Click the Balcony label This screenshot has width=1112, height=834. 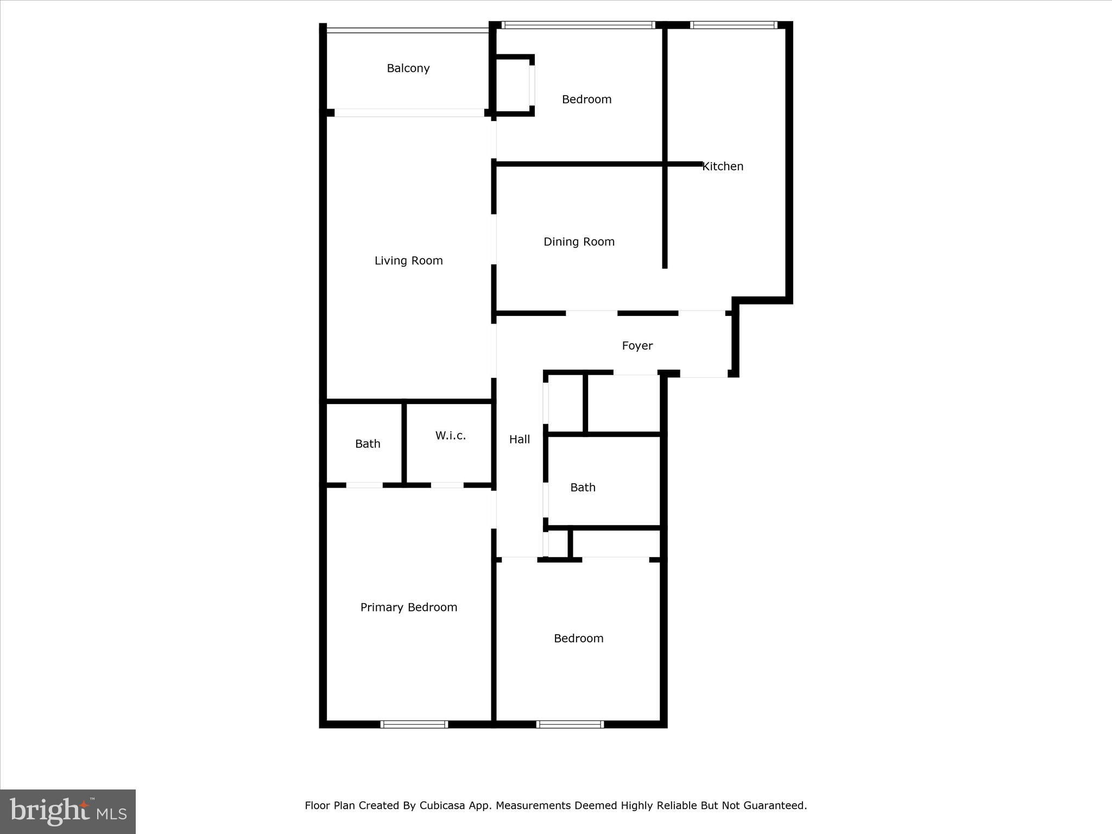pos(408,68)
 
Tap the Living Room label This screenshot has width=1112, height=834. pos(409,261)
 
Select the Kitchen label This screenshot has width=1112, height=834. pos(723,167)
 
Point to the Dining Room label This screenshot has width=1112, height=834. pos(579,242)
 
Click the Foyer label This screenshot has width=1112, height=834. pos(637,346)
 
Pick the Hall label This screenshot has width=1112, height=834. pos(520,439)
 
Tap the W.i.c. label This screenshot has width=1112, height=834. pos(451,435)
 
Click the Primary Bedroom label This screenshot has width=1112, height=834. pos(409,608)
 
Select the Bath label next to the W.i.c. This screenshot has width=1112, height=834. pos(368,444)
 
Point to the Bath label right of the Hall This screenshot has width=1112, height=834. pos(583,488)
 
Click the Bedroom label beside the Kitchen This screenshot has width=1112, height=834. pos(586,99)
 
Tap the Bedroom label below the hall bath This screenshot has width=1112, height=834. pos(579,639)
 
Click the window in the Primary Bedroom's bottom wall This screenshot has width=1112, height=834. pos(414,724)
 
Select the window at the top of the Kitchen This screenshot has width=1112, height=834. pos(734,25)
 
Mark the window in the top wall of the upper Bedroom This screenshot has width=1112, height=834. pos(578,25)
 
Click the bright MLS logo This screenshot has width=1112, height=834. pos(68,812)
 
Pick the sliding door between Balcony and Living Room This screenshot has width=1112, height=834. pos(409,113)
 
